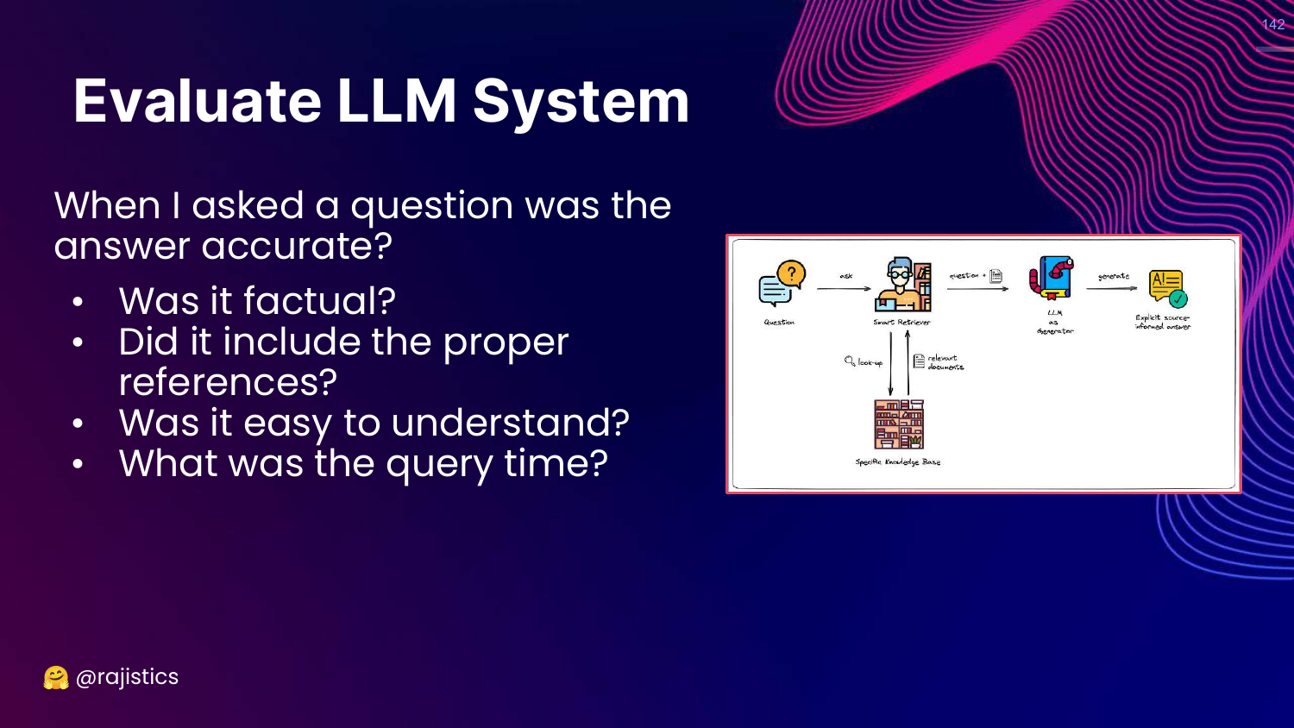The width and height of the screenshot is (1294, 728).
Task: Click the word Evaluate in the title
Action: pyautogui.click(x=198, y=102)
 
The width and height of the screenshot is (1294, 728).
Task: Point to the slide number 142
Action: pyautogui.click(x=1272, y=24)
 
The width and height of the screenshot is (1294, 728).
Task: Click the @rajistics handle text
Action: pyautogui.click(x=127, y=677)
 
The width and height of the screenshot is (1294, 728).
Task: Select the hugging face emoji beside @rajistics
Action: pyautogui.click(x=56, y=678)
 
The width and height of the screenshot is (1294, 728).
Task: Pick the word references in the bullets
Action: pyautogui.click(x=228, y=382)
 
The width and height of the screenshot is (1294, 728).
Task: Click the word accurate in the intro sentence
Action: pyautogui.click(x=297, y=247)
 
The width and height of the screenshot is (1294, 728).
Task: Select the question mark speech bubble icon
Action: pyautogui.click(x=782, y=284)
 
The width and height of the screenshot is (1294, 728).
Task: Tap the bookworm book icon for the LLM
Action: pyautogui.click(x=1052, y=279)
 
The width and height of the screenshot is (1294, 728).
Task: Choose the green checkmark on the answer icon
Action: pyautogui.click(x=1178, y=298)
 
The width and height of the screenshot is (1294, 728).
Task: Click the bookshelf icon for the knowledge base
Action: pyautogui.click(x=899, y=424)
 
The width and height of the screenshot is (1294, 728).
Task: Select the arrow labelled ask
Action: pyautogui.click(x=844, y=288)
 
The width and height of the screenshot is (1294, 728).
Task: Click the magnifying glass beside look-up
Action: pyautogui.click(x=850, y=361)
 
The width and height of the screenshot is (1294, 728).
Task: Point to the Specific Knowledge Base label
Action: pyautogui.click(x=897, y=462)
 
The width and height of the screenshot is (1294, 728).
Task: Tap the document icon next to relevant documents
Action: pyautogui.click(x=919, y=361)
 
